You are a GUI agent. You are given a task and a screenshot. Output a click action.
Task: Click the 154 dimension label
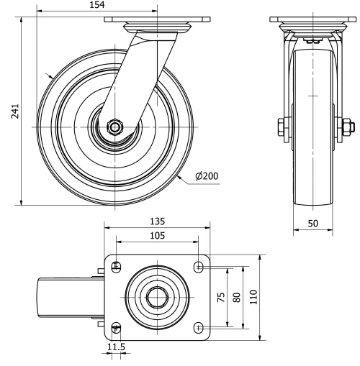(96, 5)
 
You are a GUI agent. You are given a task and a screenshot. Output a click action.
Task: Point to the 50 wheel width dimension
(313, 224)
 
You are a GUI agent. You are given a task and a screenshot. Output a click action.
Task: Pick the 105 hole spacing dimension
(157, 235)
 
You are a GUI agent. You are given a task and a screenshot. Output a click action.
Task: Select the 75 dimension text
(222, 298)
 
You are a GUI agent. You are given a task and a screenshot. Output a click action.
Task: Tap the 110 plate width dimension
(253, 298)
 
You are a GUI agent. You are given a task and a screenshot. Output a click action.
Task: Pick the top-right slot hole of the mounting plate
(198, 267)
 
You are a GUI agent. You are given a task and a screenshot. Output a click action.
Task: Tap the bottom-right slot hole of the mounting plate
(198, 327)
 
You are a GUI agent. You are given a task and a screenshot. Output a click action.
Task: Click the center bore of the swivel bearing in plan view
(157, 297)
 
